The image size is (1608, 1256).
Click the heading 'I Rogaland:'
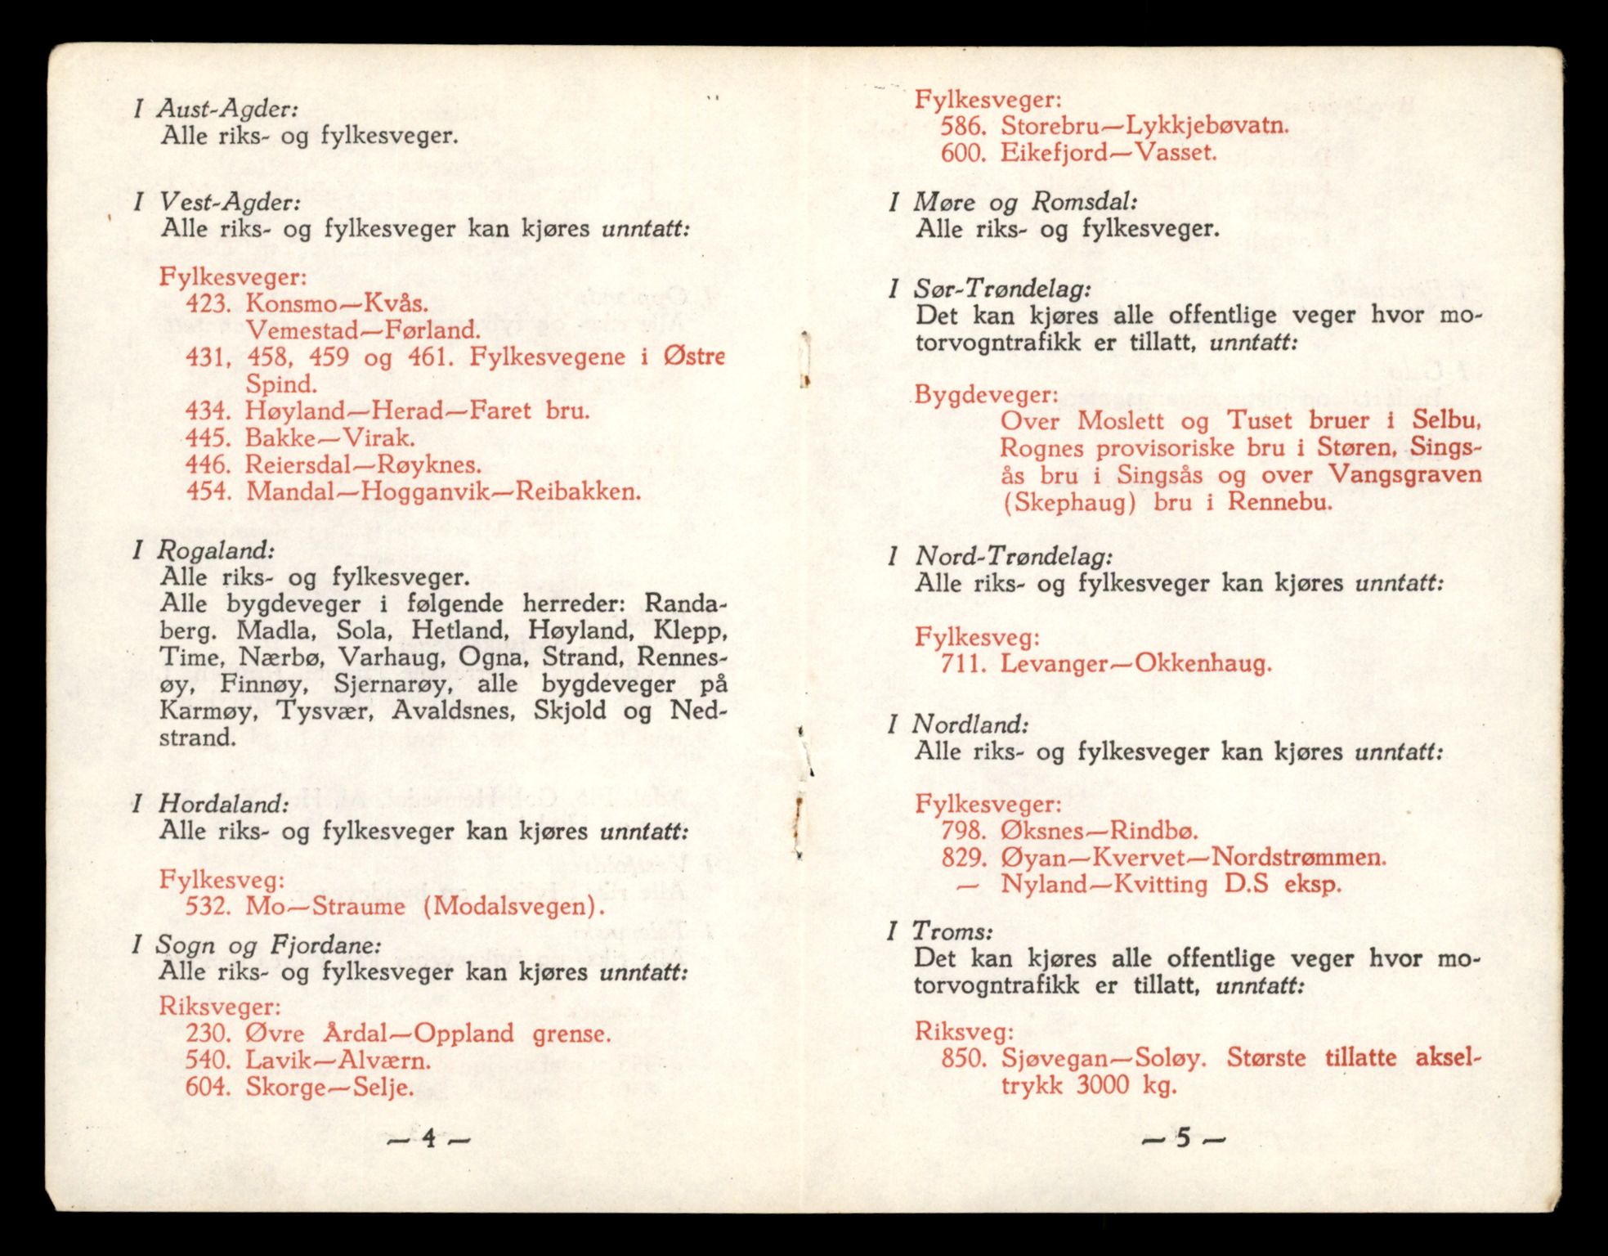[x=204, y=550]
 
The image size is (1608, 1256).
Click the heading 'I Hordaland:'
[x=210, y=804]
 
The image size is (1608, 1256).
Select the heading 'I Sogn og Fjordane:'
[x=256, y=946]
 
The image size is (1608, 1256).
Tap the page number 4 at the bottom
[x=428, y=1139]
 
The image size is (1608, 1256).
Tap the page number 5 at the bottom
[x=1183, y=1139]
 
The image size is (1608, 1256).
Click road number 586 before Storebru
[x=961, y=127]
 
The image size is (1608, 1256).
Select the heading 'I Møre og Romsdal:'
[x=1013, y=202]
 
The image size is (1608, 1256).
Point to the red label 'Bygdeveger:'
[x=986, y=395]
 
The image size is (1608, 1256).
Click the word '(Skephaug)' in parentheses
[x=1068, y=502]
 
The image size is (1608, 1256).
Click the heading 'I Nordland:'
[x=958, y=725]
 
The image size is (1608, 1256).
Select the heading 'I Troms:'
[x=941, y=931]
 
